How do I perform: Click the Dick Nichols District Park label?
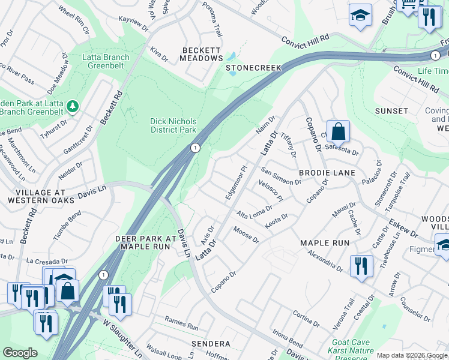(x=173, y=125)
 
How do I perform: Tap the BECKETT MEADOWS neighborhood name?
(x=202, y=53)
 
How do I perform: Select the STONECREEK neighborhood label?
(x=253, y=68)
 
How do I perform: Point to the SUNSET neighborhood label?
(x=391, y=111)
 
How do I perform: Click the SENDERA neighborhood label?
(x=211, y=344)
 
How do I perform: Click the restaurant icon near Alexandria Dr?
(x=360, y=266)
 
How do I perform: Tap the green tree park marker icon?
(x=73, y=106)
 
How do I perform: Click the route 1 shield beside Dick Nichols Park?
(x=195, y=147)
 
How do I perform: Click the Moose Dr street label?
(x=246, y=236)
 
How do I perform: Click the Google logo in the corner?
(x=20, y=353)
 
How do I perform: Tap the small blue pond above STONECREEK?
(x=231, y=58)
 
